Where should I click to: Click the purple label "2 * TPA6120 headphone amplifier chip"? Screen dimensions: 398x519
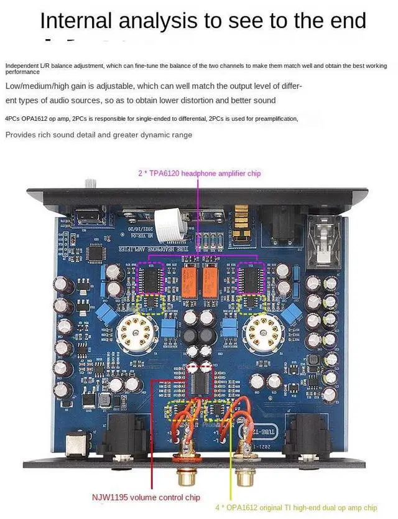[x=199, y=174]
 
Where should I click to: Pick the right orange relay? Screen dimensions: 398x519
[x=210, y=279]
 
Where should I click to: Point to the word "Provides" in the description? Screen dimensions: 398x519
[x=21, y=134]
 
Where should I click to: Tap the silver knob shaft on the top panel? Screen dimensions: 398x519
[x=91, y=183]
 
